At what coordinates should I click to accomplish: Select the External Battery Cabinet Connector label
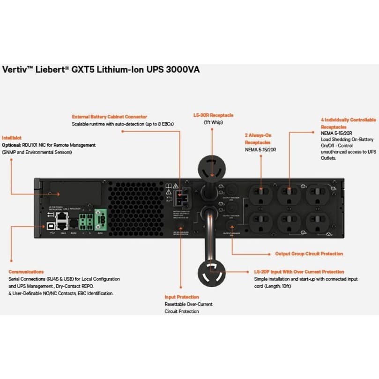[109, 117]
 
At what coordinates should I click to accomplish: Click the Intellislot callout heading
[12, 138]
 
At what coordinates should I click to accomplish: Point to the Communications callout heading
[26, 272]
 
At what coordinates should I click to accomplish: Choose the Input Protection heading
[181, 297]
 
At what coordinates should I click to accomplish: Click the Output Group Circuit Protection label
[309, 254]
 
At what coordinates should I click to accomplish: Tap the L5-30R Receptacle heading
[213, 115]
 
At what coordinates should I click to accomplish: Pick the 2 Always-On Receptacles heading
[258, 139]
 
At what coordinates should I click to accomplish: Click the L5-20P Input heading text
[299, 272]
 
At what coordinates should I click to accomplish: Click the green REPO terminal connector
[100, 217]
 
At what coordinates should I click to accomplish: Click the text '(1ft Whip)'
[213, 123]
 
